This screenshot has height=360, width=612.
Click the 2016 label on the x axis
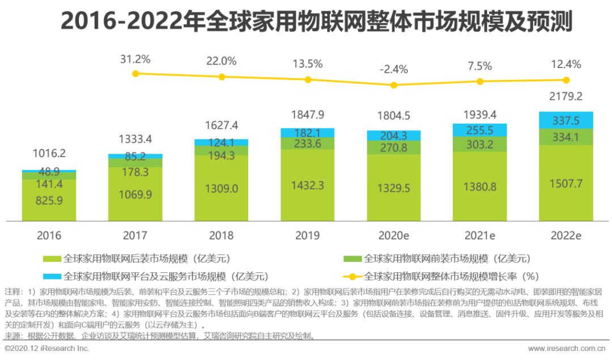coord(49,235)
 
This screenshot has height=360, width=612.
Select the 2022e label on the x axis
coord(566,235)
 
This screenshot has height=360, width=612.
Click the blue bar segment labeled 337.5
coord(566,120)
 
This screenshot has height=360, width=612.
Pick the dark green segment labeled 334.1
coord(566,137)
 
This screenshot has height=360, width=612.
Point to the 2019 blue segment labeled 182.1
coord(307,133)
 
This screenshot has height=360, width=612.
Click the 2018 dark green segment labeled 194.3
coord(221,151)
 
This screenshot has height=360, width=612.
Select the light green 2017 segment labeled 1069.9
coord(135,194)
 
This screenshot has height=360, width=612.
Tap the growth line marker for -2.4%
coord(394,85)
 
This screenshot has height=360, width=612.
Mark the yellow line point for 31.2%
coord(135,74)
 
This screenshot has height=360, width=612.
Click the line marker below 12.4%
coord(566,80)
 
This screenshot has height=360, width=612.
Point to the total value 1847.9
coord(307,115)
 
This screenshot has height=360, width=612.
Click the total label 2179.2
coord(566,97)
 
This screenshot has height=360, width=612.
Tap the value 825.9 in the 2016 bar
coord(49,200)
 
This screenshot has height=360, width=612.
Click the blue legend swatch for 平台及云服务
coord(53,277)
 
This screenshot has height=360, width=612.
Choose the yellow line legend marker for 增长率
coord(352,277)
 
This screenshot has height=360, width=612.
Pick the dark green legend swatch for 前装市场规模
coord(352,259)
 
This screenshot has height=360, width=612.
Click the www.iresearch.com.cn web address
coord(567,348)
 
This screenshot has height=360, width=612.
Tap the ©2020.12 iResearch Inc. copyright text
coord(44,348)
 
